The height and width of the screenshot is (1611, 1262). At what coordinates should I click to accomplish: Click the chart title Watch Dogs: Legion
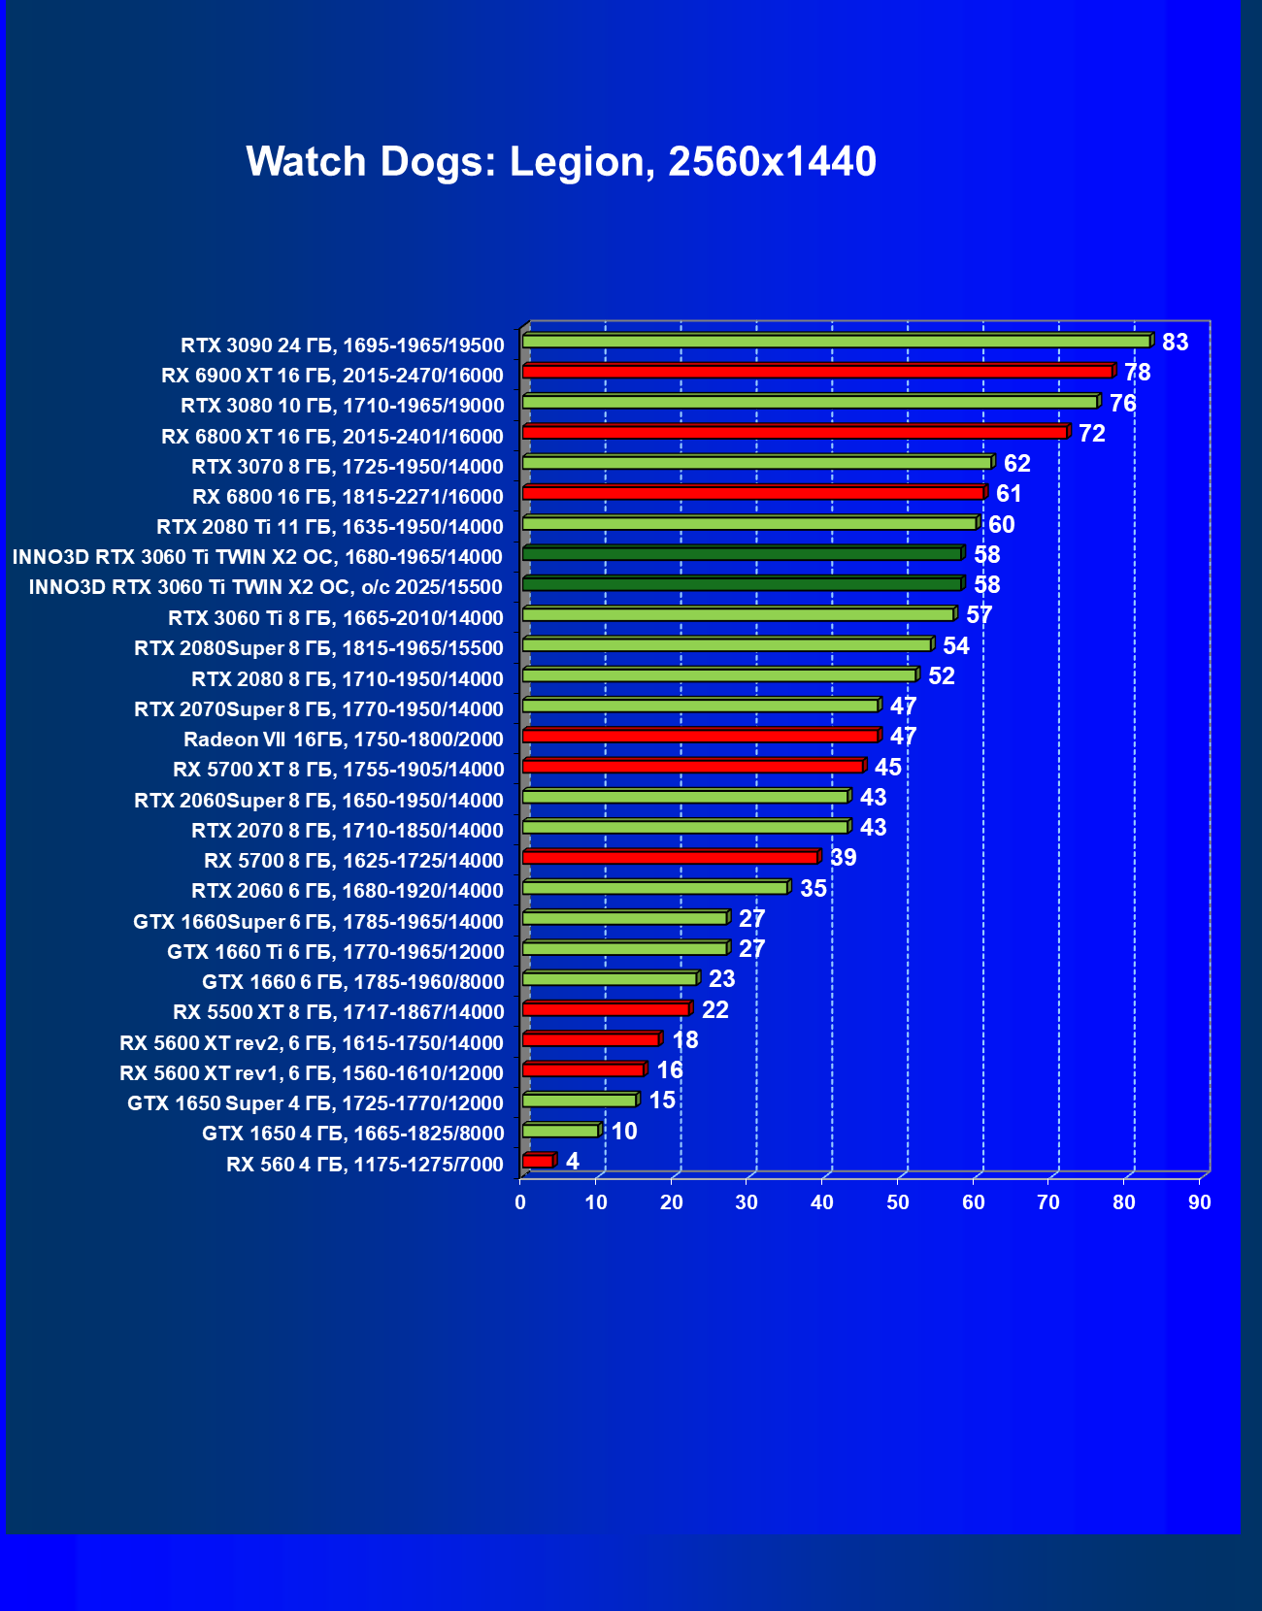click(561, 161)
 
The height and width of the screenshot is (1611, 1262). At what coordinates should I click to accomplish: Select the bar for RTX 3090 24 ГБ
click(835, 342)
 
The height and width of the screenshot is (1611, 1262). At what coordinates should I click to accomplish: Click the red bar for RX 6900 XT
click(815, 372)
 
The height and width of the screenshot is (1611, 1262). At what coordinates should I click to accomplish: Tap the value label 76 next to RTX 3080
click(1122, 403)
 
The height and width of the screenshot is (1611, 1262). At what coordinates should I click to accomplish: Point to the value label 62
click(1016, 463)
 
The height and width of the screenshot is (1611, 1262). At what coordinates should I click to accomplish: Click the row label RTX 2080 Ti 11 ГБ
click(330, 527)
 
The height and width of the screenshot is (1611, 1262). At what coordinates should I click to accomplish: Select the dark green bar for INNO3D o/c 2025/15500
click(742, 584)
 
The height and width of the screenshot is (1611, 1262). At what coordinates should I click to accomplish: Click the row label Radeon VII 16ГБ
click(344, 740)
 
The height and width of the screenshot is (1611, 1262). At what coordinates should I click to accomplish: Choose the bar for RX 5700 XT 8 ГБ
click(692, 767)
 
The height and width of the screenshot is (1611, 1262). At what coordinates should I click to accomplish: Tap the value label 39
click(843, 858)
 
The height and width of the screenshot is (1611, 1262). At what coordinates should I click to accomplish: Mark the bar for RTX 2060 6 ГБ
click(654, 888)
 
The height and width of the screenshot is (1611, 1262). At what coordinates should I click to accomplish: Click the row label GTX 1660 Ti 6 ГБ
click(336, 952)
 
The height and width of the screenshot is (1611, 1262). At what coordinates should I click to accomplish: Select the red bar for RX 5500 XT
click(606, 1009)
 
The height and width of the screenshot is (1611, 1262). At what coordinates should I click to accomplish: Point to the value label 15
click(662, 1101)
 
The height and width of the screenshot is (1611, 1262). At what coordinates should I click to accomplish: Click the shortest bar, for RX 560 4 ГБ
click(538, 1162)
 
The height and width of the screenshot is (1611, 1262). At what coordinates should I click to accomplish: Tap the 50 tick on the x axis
click(898, 1203)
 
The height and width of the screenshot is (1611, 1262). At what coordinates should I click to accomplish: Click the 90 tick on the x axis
click(1200, 1203)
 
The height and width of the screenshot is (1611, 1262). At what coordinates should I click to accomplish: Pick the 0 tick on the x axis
click(520, 1203)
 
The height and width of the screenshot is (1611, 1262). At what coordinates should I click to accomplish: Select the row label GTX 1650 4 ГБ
click(353, 1134)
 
